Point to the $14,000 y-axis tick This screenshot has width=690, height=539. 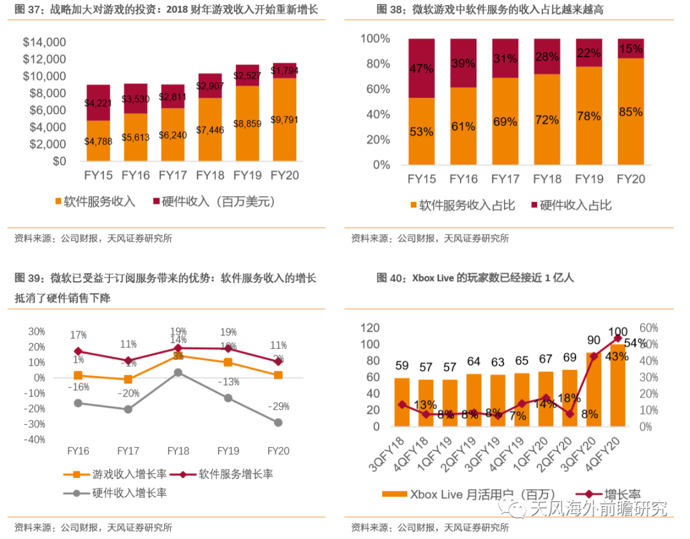[x=44, y=42]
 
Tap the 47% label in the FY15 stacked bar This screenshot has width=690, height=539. [x=422, y=69]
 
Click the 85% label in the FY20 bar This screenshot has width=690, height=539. [x=631, y=112]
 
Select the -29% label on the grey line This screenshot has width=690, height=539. [x=279, y=407]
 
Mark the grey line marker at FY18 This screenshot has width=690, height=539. [x=178, y=372]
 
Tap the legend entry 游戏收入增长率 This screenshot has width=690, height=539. [x=121, y=474]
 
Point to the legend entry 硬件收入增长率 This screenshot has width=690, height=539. [x=121, y=493]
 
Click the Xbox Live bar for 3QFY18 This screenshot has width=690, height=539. [x=402, y=402]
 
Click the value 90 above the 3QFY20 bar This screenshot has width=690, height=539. [x=593, y=340]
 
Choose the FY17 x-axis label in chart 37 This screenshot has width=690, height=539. [x=172, y=175]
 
